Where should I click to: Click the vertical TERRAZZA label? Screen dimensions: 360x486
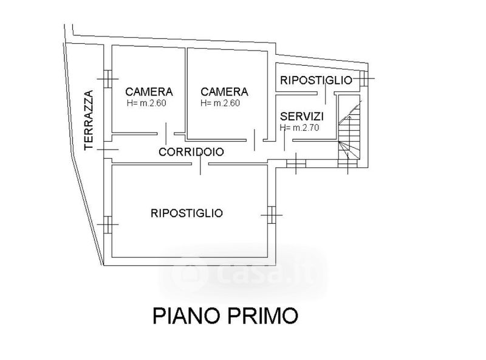click(x=89, y=120)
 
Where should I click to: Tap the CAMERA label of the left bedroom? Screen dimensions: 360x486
click(x=149, y=92)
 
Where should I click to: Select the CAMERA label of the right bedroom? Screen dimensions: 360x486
click(x=225, y=92)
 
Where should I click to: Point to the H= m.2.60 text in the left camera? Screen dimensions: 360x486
click(x=146, y=103)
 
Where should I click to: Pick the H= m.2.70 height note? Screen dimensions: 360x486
click(x=300, y=128)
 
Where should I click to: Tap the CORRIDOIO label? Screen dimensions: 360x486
click(x=191, y=152)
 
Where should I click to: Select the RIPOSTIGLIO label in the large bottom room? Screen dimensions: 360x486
click(x=187, y=213)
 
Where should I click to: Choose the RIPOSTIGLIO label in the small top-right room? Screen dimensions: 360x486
click(x=316, y=80)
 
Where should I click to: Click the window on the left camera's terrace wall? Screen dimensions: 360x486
click(x=108, y=78)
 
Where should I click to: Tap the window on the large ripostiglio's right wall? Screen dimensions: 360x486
click(x=271, y=213)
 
